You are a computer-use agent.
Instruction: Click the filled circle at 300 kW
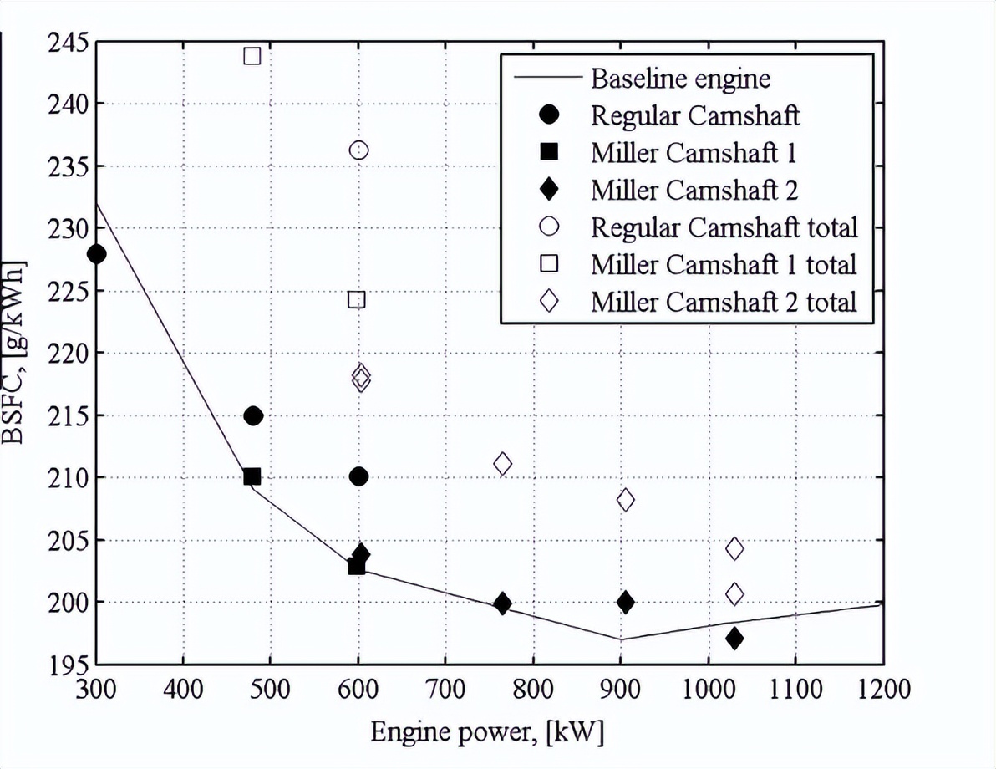pyautogui.click(x=96, y=254)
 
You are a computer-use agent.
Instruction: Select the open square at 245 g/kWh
pyautogui.click(x=252, y=56)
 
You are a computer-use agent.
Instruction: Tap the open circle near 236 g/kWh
pyautogui.click(x=359, y=150)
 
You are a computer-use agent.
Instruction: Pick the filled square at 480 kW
pyautogui.click(x=252, y=476)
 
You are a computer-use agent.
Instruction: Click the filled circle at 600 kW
pyautogui.click(x=359, y=476)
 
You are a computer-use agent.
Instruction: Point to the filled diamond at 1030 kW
pyautogui.click(x=734, y=639)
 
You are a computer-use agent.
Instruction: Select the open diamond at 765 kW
pyautogui.click(x=502, y=463)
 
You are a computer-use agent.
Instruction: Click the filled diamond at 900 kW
pyautogui.click(x=625, y=602)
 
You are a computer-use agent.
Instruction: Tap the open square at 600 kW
pyautogui.click(x=357, y=299)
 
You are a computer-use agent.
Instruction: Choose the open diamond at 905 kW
pyautogui.click(x=625, y=500)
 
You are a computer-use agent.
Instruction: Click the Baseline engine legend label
pyautogui.click(x=680, y=79)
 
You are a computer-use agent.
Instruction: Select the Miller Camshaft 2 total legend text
pyautogui.click(x=724, y=302)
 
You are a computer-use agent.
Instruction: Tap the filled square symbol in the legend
pyautogui.click(x=548, y=152)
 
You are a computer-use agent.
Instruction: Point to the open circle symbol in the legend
pyautogui.click(x=548, y=227)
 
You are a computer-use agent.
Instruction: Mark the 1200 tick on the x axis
pyautogui.click(x=882, y=691)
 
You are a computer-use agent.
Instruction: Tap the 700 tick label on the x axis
pyautogui.click(x=445, y=691)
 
